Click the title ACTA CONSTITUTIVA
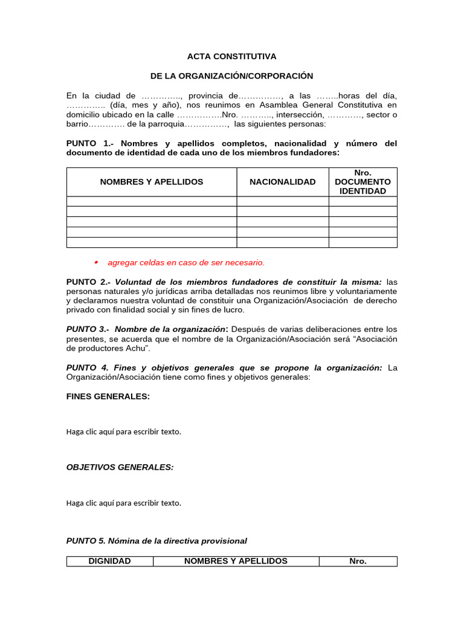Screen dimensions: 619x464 [231, 56]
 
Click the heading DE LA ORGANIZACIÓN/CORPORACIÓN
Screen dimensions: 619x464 [231, 76]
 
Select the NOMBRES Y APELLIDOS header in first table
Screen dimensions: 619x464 [152, 182]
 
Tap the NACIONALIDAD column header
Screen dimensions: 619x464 [282, 182]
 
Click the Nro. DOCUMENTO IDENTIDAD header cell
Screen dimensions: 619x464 [362, 182]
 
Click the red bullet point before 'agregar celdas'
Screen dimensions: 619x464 [96, 262]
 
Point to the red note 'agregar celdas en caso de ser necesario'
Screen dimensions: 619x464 [185, 263]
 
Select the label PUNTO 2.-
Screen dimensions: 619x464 [88, 282]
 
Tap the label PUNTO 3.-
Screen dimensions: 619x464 [88, 329]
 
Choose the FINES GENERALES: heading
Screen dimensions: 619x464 [108, 397]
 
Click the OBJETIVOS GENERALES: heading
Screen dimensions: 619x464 [120, 467]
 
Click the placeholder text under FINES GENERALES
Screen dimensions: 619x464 [123, 432]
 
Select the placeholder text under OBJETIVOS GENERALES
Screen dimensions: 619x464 [123, 502]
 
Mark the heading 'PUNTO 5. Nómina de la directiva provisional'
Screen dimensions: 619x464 [156, 541]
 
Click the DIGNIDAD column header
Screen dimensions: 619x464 [109, 561]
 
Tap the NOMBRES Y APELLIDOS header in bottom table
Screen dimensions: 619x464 [236, 561]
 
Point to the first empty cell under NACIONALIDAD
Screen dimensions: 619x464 [282, 201]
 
